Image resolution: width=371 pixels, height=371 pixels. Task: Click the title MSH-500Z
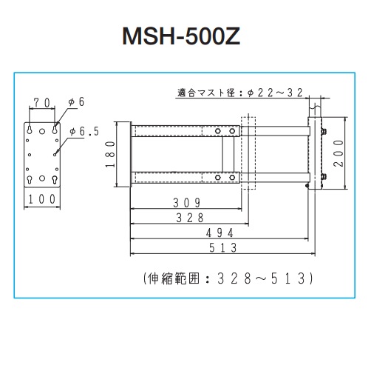pos(181,36)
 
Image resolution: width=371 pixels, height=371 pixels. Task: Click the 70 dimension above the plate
pos(42,103)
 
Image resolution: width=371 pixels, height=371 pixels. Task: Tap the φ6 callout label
pos(77,101)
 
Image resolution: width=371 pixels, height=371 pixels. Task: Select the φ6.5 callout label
pos(84,131)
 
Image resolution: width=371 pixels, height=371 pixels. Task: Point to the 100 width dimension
pos(42,199)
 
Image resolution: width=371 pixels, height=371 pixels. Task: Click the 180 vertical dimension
pos(110,154)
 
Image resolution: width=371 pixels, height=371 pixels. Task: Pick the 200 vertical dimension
pos(338,153)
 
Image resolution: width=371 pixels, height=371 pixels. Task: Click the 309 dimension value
pos(187,203)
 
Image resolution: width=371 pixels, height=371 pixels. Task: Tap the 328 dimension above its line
pos(190,218)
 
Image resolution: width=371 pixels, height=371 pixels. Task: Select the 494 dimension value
pos(219,233)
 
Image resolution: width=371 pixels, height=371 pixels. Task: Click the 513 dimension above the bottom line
pos(223,247)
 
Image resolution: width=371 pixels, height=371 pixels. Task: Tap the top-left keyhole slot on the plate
pos(30,130)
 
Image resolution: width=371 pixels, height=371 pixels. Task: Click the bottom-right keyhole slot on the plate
pos(55,179)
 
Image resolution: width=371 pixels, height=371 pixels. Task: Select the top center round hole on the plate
pos(42,131)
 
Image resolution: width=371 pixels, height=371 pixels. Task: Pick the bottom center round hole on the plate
pos(42,178)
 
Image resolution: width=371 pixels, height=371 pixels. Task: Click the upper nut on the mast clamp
pos(324,131)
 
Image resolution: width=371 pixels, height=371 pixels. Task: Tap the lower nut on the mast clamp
pos(324,176)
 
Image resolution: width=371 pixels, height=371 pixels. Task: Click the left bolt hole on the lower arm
pos(218,178)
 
